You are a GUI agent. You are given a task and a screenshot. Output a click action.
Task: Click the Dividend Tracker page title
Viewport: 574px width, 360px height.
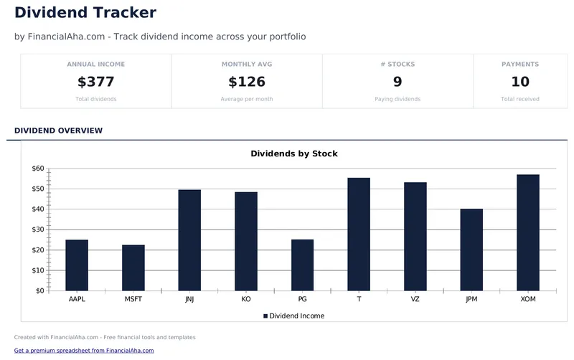tap(85, 12)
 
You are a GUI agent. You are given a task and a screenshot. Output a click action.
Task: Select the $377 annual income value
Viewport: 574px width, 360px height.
tap(95, 82)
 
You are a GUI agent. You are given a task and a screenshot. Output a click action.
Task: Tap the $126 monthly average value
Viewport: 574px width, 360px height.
tap(247, 82)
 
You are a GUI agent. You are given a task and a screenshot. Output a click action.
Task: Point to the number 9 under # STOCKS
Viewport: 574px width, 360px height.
tap(397, 82)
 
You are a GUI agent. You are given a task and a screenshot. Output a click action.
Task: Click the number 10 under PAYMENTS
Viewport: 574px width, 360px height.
tap(520, 82)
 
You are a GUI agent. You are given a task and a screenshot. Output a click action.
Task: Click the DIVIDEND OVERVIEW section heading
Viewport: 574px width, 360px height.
tap(58, 131)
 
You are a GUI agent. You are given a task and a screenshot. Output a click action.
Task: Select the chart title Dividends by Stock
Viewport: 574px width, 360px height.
tap(293, 153)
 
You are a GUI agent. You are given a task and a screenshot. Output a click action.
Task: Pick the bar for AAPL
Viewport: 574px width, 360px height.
tap(77, 265)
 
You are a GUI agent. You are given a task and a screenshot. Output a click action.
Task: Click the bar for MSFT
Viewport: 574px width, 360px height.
tap(133, 267)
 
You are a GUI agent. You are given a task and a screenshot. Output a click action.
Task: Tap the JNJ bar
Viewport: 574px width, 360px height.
tap(189, 240)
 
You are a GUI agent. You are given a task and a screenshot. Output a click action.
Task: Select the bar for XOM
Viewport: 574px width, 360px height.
tap(528, 232)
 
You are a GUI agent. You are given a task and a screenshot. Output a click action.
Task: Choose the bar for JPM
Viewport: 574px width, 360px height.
tap(471, 250)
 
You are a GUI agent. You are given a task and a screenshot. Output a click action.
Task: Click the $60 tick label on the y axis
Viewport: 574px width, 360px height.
tap(38, 169)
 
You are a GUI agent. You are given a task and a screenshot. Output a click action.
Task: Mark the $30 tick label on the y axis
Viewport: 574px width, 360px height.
tap(38, 229)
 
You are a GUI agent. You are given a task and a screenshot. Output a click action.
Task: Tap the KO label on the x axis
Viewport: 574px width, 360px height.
tap(246, 299)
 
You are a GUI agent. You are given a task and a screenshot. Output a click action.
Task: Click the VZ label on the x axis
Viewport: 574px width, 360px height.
tap(415, 299)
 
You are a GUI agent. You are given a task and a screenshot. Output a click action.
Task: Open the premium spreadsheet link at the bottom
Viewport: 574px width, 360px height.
tap(84, 351)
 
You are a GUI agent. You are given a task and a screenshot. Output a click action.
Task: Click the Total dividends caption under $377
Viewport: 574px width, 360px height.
tap(95, 99)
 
